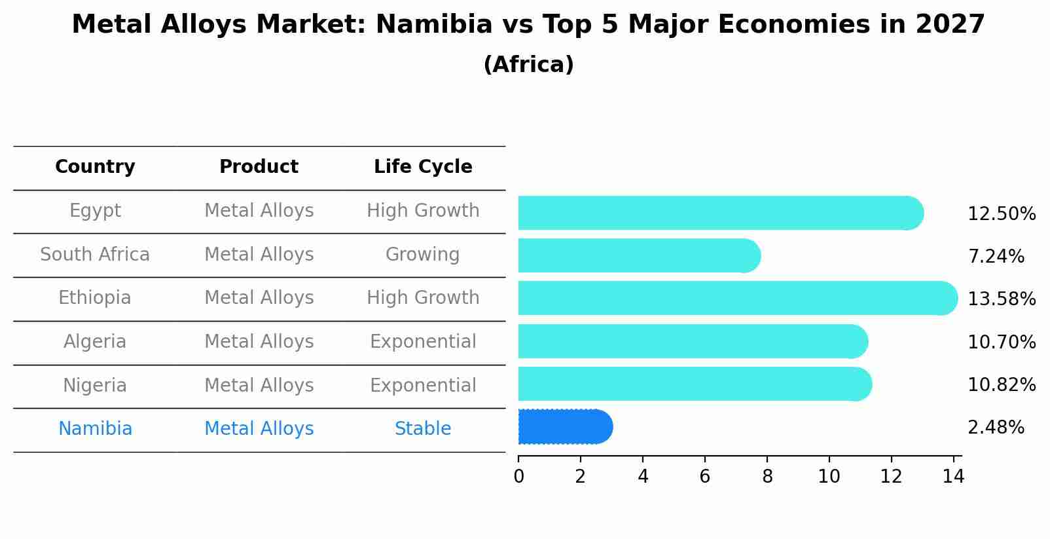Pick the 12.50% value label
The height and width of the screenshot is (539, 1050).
(1001, 214)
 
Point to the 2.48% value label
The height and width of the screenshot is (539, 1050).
(995, 428)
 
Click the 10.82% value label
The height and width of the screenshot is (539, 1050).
(1001, 385)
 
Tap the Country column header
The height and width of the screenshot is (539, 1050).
(95, 167)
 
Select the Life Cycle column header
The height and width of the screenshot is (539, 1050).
(423, 167)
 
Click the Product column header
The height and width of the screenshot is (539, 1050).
(259, 167)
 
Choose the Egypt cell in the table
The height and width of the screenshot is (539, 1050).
(95, 211)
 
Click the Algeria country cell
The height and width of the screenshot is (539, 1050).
(95, 342)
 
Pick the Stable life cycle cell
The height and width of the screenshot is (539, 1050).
(423, 429)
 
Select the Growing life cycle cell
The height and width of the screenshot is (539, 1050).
(423, 254)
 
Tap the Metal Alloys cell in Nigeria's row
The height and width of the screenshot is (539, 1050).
(259, 385)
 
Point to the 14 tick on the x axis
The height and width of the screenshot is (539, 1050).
(953, 477)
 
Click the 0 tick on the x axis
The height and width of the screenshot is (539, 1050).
(518, 477)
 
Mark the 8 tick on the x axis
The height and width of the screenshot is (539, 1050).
(767, 477)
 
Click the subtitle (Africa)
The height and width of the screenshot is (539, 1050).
(528, 65)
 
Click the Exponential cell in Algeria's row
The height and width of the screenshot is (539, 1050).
(423, 342)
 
